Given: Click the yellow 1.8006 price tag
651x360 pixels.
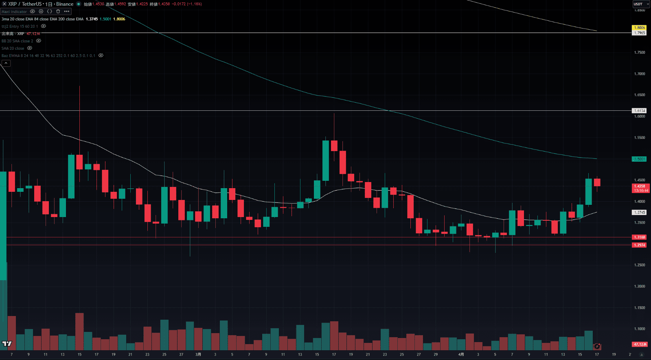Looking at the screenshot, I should point(639,28).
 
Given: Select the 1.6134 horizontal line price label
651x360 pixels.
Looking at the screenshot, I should point(639,111).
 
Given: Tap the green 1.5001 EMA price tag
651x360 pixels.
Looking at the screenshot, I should point(639,159).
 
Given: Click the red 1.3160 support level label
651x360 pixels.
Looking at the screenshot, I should point(639,237).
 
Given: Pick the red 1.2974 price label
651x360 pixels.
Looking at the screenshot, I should point(639,245).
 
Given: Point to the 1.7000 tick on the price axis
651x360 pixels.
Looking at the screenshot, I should point(639,74).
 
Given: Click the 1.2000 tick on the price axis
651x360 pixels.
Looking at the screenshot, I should point(639,286).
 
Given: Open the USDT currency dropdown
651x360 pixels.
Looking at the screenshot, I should point(641,4).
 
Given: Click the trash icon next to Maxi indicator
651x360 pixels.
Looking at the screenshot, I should point(58,11).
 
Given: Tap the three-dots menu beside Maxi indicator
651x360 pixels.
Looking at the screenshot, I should point(67,11).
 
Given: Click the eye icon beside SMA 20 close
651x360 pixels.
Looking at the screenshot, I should point(29,48).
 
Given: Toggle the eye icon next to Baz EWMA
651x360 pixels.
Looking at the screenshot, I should point(101,55).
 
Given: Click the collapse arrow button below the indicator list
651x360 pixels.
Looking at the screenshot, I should point(6,63).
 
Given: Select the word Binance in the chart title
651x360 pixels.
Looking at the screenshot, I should point(65,4).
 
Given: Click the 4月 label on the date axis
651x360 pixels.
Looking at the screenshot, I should point(461,354).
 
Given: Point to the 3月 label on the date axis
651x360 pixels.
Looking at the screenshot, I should point(198,354).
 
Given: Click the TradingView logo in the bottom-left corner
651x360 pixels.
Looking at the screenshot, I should point(7,344).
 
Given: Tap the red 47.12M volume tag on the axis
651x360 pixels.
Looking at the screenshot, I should point(640,344).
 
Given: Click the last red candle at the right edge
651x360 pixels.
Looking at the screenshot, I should point(597,182).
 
